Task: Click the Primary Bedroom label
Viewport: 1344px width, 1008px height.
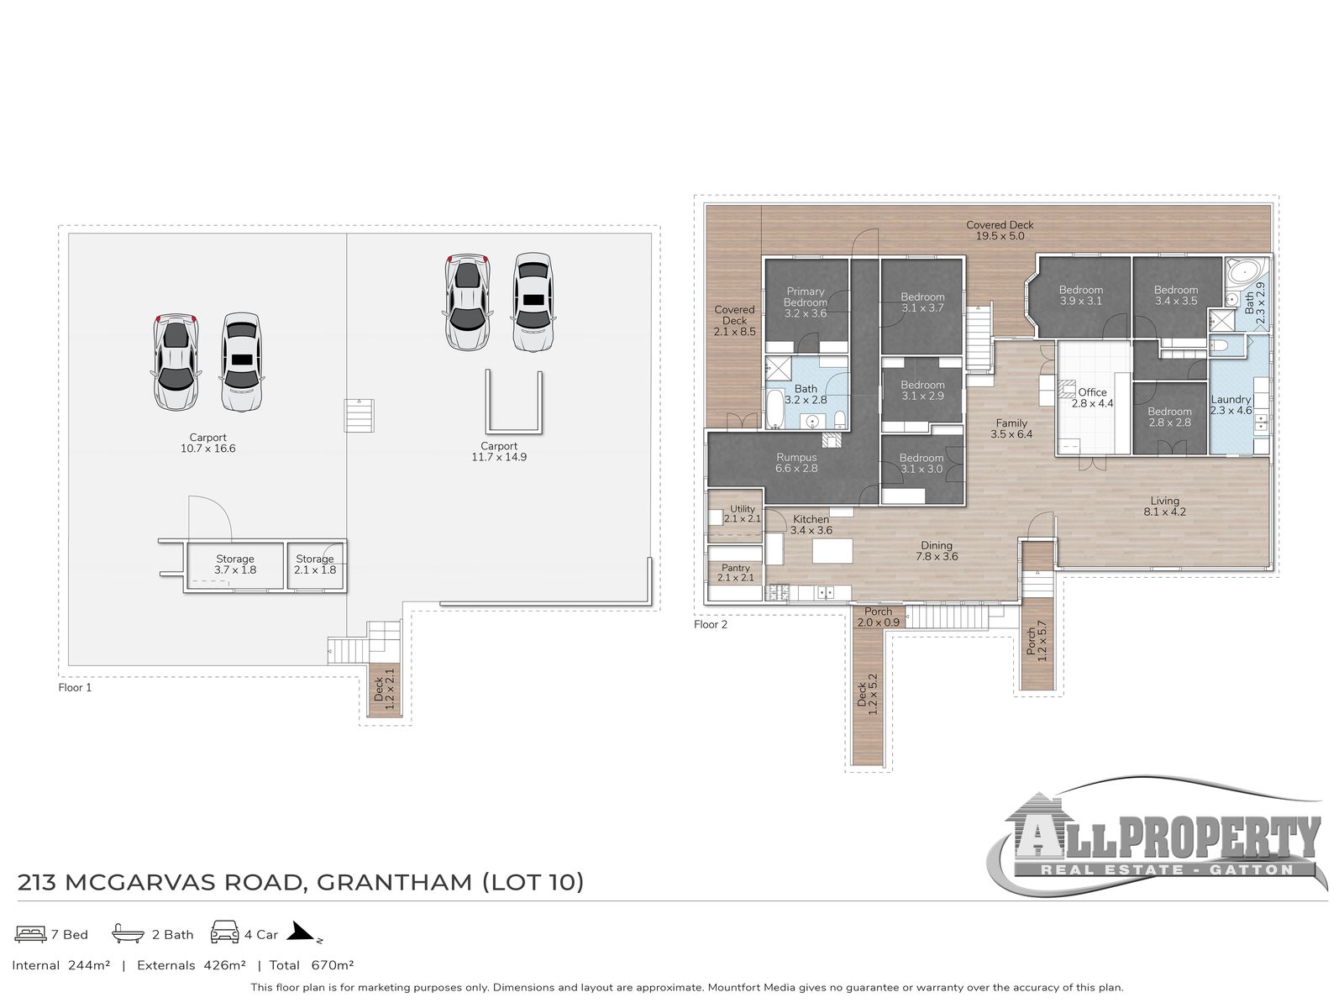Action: point(805,302)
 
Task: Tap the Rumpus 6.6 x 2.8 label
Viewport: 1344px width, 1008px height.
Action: point(796,463)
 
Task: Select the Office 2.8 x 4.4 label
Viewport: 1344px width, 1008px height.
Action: point(1092,397)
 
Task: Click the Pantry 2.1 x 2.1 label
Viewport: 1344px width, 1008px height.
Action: point(735,573)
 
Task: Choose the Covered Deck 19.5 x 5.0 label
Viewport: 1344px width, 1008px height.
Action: point(1000,230)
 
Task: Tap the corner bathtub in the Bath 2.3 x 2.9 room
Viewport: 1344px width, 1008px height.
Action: point(1240,272)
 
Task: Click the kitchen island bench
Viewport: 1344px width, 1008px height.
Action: point(832,551)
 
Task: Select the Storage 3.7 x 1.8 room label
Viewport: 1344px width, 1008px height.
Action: point(235,564)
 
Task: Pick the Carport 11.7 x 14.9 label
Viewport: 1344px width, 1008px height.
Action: point(499,452)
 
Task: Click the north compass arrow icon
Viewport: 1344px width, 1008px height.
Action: point(303,932)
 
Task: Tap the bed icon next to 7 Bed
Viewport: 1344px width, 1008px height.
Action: point(31,934)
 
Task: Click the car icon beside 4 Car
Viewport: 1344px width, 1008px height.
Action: point(225,933)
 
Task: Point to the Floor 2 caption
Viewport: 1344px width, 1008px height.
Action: point(711,624)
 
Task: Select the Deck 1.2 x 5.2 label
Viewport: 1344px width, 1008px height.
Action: point(867,693)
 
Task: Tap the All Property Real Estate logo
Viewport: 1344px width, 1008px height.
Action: point(1159,844)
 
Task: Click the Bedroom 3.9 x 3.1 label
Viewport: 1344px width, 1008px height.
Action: point(1080,295)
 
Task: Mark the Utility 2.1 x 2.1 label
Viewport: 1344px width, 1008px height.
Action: point(743,513)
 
